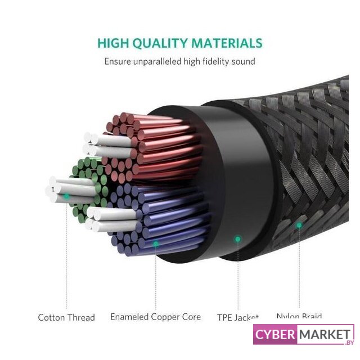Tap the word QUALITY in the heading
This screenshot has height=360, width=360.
tap(163, 43)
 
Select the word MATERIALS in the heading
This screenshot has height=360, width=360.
tap(228, 43)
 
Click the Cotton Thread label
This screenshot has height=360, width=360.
tap(66, 317)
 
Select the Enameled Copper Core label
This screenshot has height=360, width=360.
tap(155, 317)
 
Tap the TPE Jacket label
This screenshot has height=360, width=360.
tap(238, 317)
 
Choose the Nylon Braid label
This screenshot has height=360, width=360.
tap(299, 316)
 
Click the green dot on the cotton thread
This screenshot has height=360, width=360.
tap(66, 196)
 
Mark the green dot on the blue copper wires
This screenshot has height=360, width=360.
tap(156, 243)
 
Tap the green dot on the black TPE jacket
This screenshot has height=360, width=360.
tap(238, 239)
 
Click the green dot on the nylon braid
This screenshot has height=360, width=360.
tap(299, 225)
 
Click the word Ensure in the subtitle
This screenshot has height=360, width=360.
tap(118, 61)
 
